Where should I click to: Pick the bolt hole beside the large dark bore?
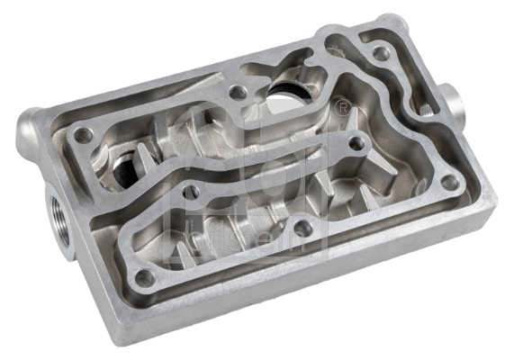(x=238, y=92)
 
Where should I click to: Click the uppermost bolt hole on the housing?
(x=382, y=53)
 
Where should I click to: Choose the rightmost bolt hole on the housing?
(x=449, y=182)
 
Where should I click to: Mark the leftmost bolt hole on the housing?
(x=83, y=135)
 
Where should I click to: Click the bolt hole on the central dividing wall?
(x=191, y=191)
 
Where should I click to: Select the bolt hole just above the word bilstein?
(x=303, y=229)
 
